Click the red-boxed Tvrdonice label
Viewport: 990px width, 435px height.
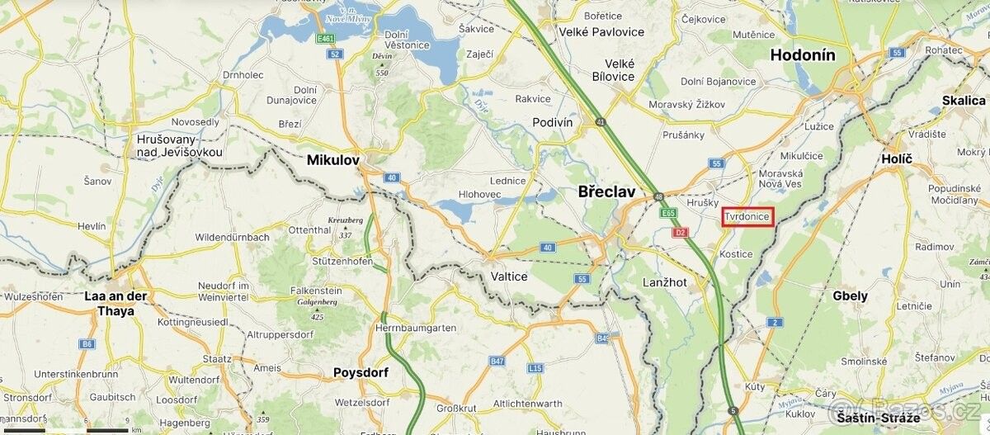click(747, 217)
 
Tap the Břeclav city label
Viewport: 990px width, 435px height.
click(606, 191)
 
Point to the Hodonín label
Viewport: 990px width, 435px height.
click(803, 55)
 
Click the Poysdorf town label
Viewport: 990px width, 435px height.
click(361, 372)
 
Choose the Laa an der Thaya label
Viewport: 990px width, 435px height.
click(115, 303)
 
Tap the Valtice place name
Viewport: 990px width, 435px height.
click(508, 277)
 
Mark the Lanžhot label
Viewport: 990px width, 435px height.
click(665, 282)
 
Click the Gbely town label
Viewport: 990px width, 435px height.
click(850, 296)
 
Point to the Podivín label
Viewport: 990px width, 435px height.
click(553, 121)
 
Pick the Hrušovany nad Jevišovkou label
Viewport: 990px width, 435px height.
click(179, 146)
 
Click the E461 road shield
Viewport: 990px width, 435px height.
click(326, 39)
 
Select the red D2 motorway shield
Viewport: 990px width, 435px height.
click(681, 233)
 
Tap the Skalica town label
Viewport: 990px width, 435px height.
click(963, 100)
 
